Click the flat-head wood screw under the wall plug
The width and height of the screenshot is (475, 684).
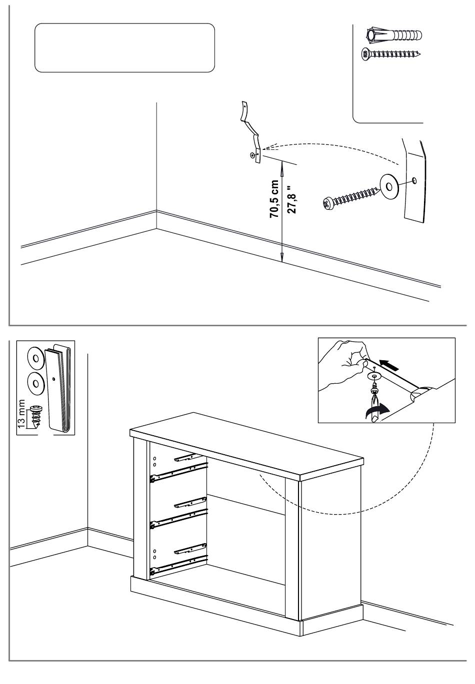(390, 54)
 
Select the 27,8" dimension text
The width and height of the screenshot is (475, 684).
(293, 198)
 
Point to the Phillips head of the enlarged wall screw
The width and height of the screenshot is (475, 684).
(327, 203)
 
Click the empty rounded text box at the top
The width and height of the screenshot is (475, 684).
(124, 48)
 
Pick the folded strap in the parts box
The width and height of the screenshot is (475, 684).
(58, 389)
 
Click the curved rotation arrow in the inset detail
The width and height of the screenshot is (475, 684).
(376, 412)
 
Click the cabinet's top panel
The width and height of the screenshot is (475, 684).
(245, 442)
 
